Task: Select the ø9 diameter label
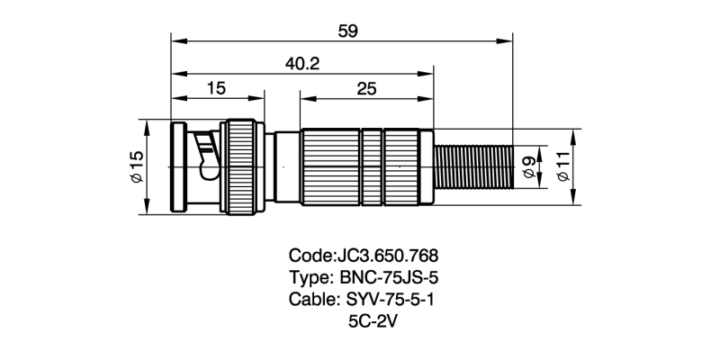(529, 167)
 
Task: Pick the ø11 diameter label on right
(563, 167)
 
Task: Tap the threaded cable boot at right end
(473, 167)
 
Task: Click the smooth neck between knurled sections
(286, 167)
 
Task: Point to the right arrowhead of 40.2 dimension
(430, 73)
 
